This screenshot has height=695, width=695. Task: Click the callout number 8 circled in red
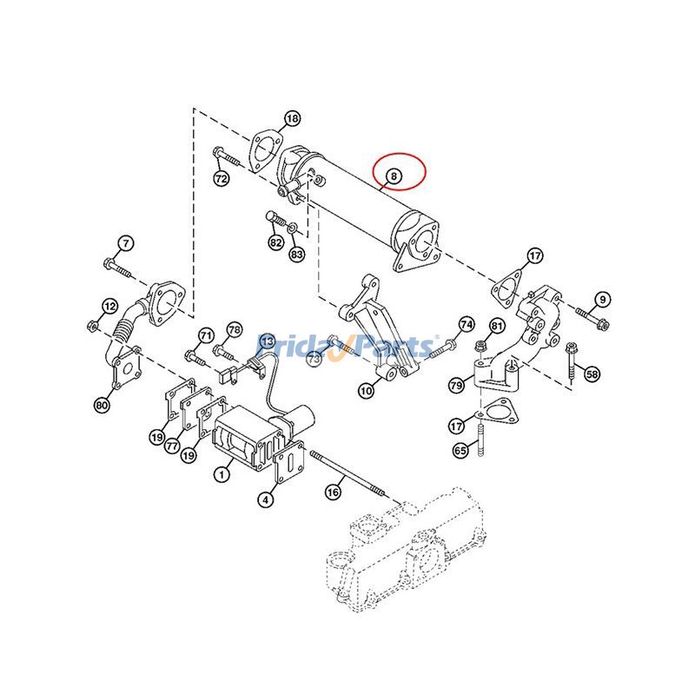tap(394, 175)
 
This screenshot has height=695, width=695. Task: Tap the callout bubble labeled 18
tap(292, 118)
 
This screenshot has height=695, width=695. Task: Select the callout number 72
tap(221, 178)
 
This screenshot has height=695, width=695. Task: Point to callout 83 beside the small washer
tap(297, 254)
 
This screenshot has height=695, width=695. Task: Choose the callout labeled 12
tap(109, 306)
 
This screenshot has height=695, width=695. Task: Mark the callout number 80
tap(102, 405)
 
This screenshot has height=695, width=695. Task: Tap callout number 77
tap(173, 445)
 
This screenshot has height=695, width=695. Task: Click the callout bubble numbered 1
tap(222, 474)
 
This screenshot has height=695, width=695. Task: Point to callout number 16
tap(333, 492)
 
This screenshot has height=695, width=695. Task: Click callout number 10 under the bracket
tap(366, 392)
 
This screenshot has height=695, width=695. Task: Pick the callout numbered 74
tap(467, 324)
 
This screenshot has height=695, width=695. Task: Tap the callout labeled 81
tap(496, 326)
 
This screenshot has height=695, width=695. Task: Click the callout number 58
tap(592, 374)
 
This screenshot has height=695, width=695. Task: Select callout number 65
tap(460, 450)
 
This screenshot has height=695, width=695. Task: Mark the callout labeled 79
tap(455, 385)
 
